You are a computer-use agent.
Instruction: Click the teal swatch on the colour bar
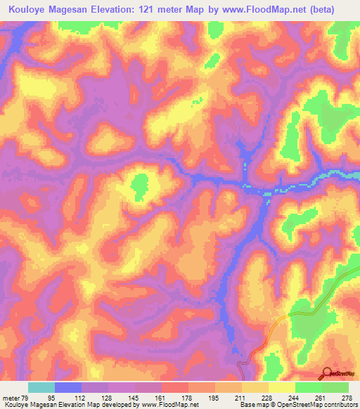pyautogui.click(x=41, y=387)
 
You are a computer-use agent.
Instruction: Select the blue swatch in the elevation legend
pyautogui.click(x=68, y=387)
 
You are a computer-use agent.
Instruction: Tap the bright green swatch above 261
pyautogui.click(x=308, y=387)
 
